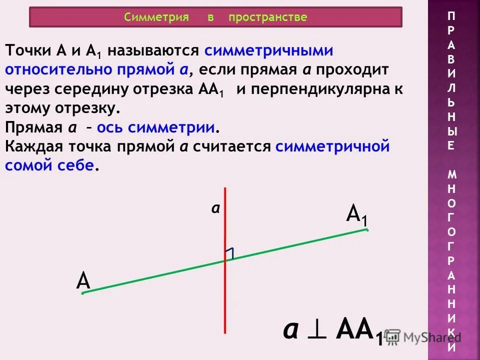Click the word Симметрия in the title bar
pos(156,17)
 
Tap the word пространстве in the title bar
pos(267,17)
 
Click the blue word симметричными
pos(268,51)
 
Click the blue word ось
pos(110,128)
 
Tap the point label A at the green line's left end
pos(83,281)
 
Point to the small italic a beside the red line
pos(215,209)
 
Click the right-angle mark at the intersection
pos(229,253)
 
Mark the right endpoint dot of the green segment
pos(366,230)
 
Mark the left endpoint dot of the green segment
pos(83,293)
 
